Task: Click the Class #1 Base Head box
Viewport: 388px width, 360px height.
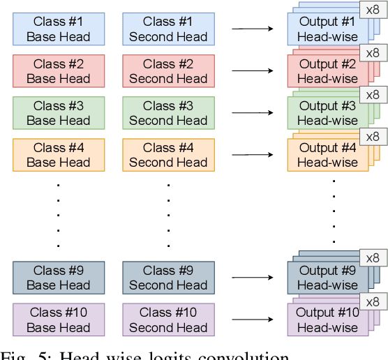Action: pyautogui.click(x=59, y=29)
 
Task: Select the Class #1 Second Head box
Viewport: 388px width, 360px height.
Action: pyautogui.click(x=168, y=29)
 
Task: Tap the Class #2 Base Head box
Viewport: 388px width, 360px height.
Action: pyautogui.click(x=59, y=71)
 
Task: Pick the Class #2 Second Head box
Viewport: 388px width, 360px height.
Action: pyautogui.click(x=168, y=71)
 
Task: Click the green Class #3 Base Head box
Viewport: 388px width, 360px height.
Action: pyautogui.click(x=59, y=113)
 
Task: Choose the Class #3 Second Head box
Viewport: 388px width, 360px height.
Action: pyautogui.click(x=168, y=113)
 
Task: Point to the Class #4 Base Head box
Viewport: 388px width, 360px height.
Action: pyautogui.click(x=59, y=155)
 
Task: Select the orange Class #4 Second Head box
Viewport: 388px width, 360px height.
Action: pyautogui.click(x=168, y=155)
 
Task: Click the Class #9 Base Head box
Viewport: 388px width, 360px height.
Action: pyautogui.click(x=59, y=278)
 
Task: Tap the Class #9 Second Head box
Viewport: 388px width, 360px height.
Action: pyautogui.click(x=168, y=278)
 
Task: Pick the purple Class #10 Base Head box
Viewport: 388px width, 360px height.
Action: pyautogui.click(x=59, y=320)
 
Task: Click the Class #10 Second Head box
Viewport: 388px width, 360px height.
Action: pyautogui.click(x=168, y=320)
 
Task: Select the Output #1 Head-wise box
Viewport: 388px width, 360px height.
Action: pyautogui.click(x=327, y=29)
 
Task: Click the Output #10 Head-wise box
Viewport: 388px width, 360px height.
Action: pyautogui.click(x=327, y=320)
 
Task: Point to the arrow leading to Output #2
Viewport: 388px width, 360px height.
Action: pyautogui.click(x=253, y=71)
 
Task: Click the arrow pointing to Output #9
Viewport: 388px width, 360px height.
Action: pyautogui.click(x=253, y=278)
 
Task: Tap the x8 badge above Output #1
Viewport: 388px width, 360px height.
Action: pyautogui.click(x=373, y=10)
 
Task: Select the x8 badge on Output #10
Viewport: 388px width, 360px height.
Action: pyautogui.click(x=373, y=301)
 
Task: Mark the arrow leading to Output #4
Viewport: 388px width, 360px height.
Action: pyautogui.click(x=253, y=155)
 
